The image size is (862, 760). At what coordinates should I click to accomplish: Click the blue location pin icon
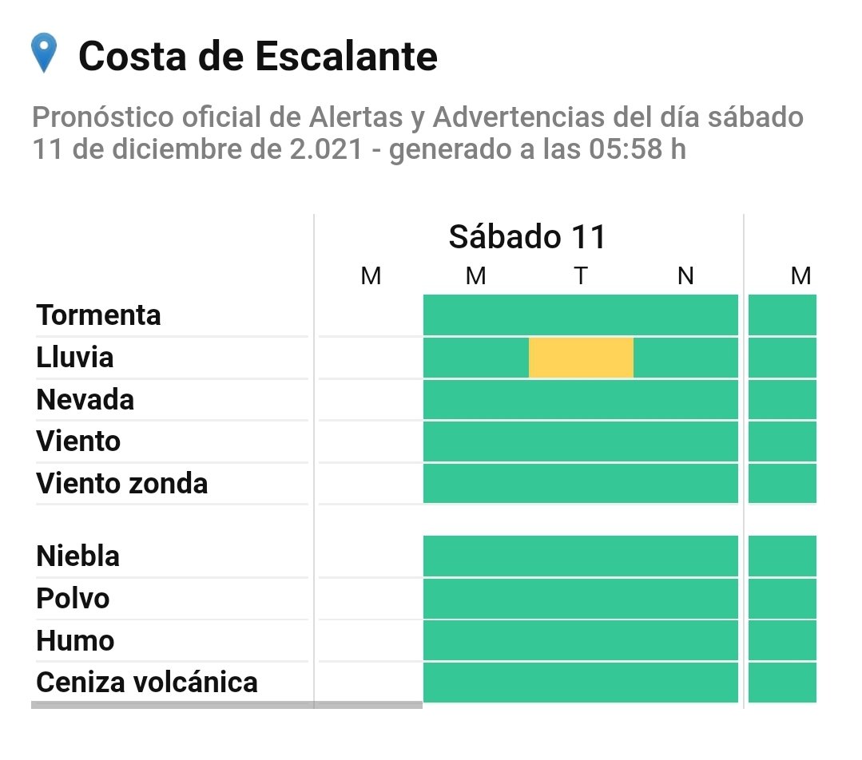click(43, 53)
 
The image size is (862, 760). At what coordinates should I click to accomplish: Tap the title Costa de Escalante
click(257, 57)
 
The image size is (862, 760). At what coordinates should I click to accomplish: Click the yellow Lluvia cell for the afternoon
click(581, 358)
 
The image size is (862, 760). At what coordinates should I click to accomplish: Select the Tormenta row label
click(98, 315)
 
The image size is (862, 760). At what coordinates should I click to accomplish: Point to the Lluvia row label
click(75, 358)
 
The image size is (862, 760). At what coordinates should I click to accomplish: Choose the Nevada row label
click(85, 399)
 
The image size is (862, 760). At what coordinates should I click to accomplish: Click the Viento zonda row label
click(121, 483)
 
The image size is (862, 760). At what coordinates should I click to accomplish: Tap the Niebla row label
click(77, 556)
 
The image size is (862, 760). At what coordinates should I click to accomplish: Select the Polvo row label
click(73, 598)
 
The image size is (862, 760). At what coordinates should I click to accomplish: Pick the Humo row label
click(75, 640)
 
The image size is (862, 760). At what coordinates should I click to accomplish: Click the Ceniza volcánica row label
click(147, 683)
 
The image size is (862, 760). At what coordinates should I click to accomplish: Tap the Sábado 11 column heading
click(527, 237)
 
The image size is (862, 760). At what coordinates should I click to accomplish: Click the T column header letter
click(581, 276)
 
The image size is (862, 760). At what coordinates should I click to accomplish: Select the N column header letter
click(685, 276)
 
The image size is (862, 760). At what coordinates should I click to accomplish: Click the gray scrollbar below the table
click(226, 705)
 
